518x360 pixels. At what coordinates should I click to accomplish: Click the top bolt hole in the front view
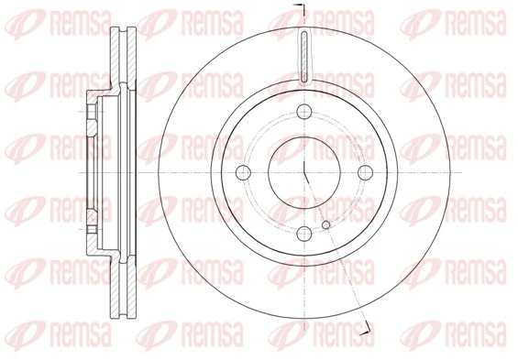click(x=303, y=115)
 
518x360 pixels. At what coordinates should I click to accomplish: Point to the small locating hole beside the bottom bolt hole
click(x=325, y=224)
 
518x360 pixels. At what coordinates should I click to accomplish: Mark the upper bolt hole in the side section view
click(x=93, y=115)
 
